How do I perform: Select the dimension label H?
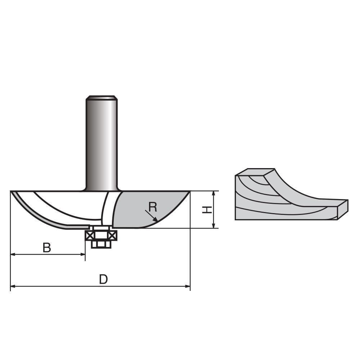(206, 210)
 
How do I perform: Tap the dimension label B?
(46, 248)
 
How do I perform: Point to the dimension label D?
(103, 279)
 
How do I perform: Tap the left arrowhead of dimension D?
(13, 287)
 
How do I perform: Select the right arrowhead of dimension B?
(83, 255)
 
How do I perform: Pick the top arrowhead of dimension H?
(214, 193)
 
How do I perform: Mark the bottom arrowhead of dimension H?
(214, 226)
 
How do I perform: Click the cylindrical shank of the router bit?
(101, 144)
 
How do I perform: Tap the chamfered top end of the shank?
(101, 97)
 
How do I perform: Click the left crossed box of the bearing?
(89, 235)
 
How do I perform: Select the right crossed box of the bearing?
(113, 235)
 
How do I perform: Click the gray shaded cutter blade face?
(144, 209)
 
